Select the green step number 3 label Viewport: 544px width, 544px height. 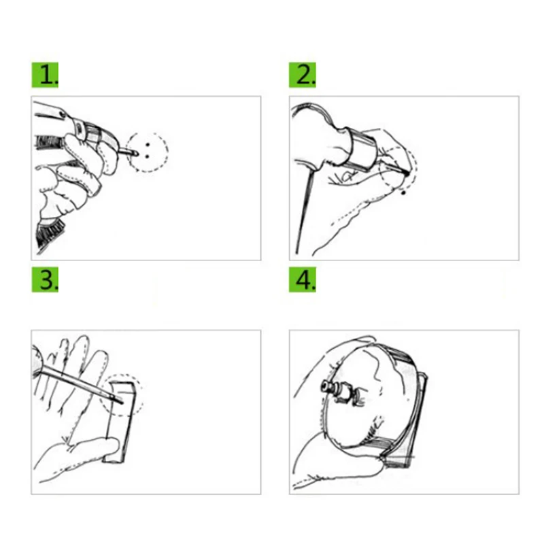tap(46, 279)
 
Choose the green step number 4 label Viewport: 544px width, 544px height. tap(303, 279)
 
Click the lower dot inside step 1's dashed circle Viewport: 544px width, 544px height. tap(148, 154)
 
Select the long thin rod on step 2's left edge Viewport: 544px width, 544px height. tap(301, 211)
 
